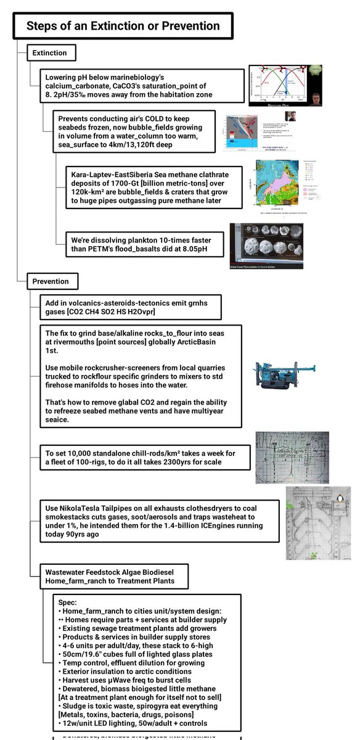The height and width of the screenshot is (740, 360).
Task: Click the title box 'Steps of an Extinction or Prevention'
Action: tap(123, 26)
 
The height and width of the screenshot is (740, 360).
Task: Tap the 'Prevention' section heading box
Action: tap(52, 282)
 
